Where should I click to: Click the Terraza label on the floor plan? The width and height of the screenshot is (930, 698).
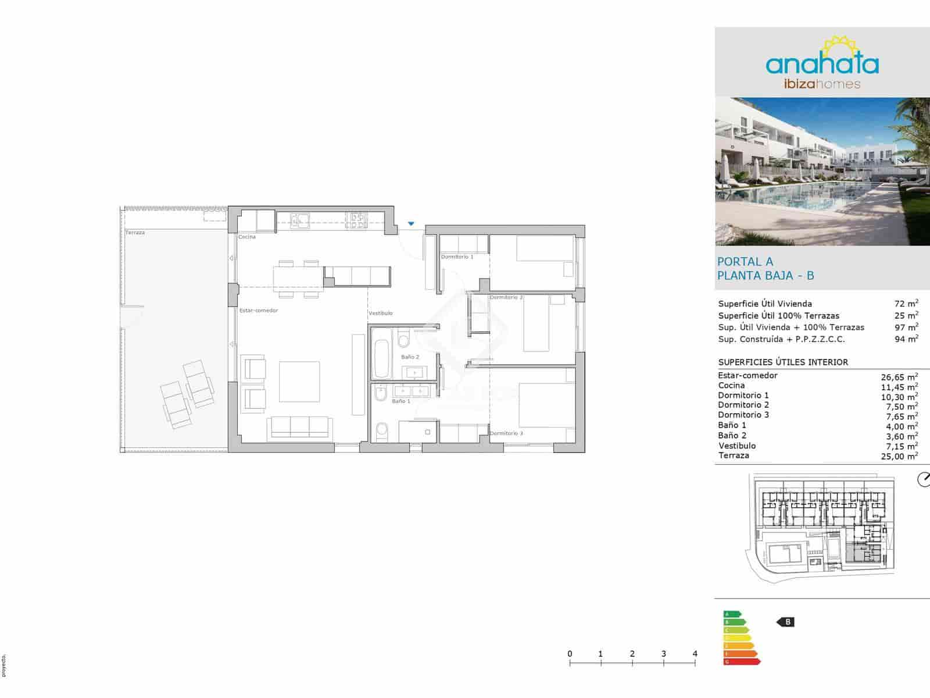click(x=135, y=233)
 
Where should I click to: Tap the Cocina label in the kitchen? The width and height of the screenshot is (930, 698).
click(x=247, y=237)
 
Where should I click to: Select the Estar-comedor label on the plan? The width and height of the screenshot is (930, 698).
click(x=259, y=311)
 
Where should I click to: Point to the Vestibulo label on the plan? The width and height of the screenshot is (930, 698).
click(x=381, y=313)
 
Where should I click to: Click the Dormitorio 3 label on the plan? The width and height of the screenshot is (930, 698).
click(x=506, y=433)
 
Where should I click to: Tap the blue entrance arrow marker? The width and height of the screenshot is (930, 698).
click(x=412, y=223)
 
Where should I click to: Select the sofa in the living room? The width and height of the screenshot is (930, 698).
click(x=299, y=427)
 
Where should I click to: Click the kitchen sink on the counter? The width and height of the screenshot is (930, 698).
click(x=300, y=219)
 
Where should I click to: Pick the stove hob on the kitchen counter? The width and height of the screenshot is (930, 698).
click(x=357, y=219)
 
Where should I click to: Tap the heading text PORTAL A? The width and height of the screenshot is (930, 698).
click(x=745, y=262)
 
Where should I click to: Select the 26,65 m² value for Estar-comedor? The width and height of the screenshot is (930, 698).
click(x=899, y=376)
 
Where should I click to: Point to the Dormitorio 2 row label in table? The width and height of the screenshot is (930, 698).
click(x=743, y=405)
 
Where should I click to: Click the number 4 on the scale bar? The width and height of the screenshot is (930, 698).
click(x=695, y=654)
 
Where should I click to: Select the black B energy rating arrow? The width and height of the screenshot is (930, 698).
click(x=786, y=622)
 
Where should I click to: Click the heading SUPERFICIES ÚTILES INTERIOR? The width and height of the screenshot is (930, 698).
click(x=783, y=362)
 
